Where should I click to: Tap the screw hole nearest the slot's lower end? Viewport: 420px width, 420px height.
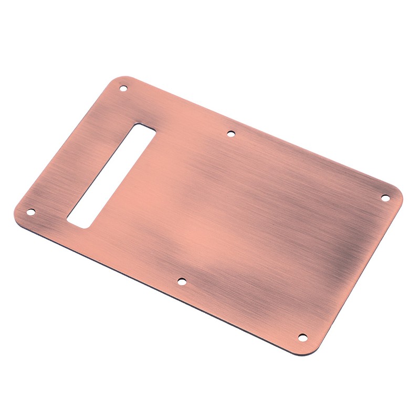click(x=30, y=212)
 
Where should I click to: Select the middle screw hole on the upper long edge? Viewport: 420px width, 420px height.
click(x=230, y=133)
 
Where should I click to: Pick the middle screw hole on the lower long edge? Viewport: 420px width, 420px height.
click(x=181, y=281)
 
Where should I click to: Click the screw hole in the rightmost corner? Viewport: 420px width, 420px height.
click(x=384, y=198)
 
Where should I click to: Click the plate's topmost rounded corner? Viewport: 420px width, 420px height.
click(x=120, y=80)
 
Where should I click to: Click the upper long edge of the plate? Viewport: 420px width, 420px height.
click(x=262, y=131)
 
